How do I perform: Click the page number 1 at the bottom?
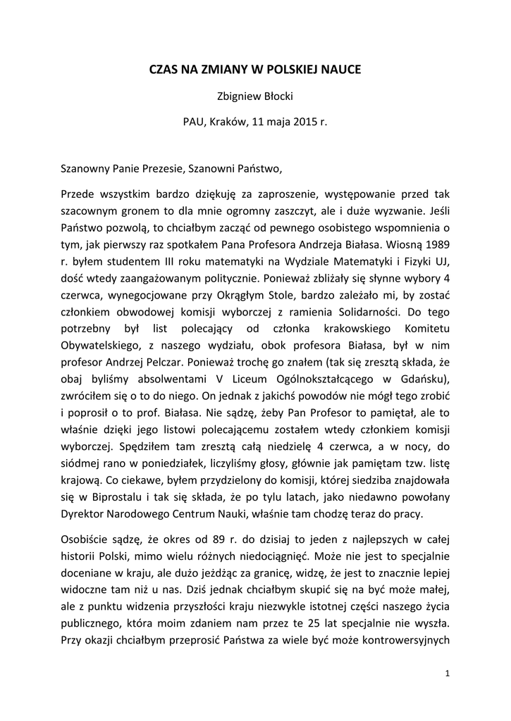click(448, 674)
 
